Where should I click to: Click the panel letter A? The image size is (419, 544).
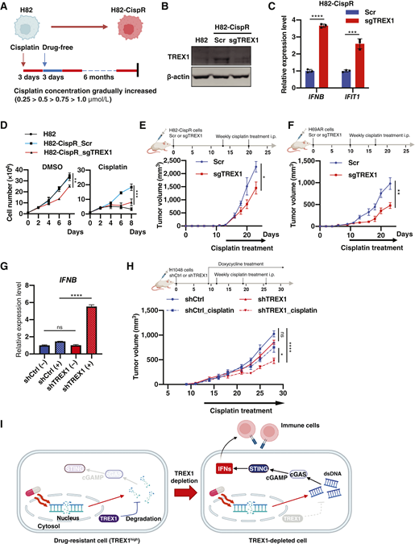(x=6, y=7)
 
